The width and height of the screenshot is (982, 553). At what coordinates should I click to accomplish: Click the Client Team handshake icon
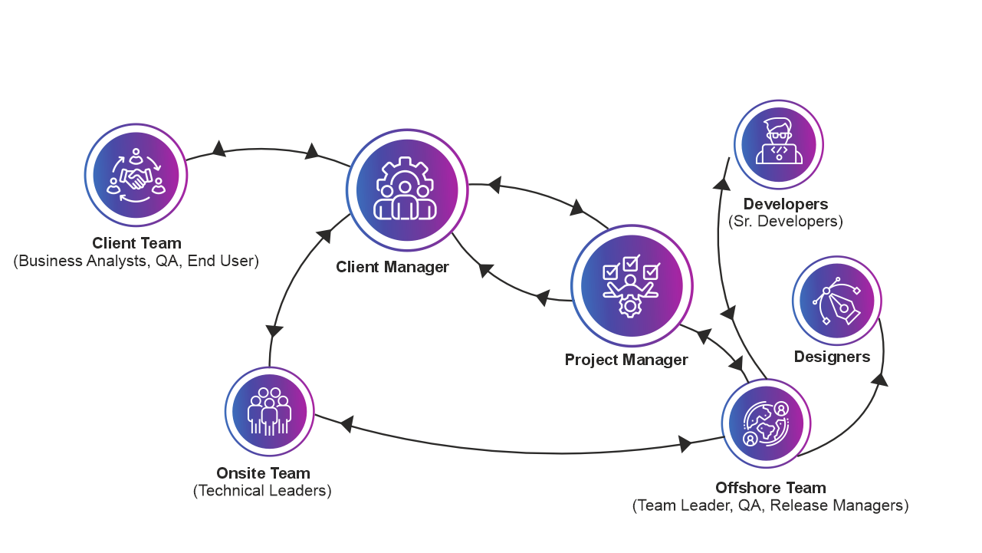coord(136,175)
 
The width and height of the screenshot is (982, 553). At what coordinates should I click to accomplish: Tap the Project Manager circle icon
coord(632,286)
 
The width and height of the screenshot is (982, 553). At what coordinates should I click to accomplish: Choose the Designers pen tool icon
coord(837,301)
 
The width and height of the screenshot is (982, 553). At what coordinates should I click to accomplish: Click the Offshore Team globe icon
coord(766,423)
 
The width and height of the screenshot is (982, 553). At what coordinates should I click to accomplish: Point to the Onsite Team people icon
coord(269,411)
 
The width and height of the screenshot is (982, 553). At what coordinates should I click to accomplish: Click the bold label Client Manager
coord(392,267)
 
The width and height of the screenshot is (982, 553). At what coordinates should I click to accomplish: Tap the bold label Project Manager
coord(626,360)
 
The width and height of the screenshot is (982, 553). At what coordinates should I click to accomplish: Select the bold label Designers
coord(832,357)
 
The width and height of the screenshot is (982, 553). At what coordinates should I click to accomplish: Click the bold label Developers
coord(786,204)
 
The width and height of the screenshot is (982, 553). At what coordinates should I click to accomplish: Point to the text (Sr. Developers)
coord(786,221)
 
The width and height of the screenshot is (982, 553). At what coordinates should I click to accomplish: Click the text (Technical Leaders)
coord(262,490)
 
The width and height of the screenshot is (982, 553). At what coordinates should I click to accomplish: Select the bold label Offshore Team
coord(770,488)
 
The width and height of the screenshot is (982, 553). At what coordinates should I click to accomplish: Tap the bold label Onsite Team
coord(263,473)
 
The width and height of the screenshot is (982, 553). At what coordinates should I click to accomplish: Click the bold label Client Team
coord(136,243)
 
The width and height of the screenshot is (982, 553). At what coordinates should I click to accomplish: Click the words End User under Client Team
coord(221,261)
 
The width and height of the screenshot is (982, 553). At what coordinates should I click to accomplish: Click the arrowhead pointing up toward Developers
coord(721,184)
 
